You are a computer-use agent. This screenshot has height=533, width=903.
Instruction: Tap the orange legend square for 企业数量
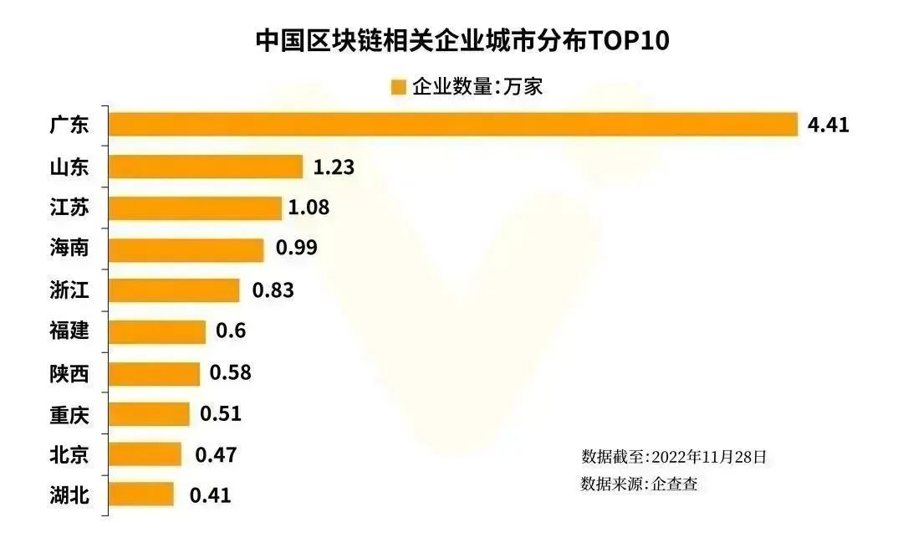(x=398, y=87)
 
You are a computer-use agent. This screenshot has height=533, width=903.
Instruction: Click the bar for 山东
(x=206, y=167)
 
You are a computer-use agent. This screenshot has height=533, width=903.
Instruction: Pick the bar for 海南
(x=186, y=249)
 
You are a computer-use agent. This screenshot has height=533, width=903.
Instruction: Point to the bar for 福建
(x=157, y=331)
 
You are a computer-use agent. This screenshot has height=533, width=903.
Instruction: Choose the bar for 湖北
(x=141, y=495)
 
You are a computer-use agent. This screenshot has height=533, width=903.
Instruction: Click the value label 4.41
(x=828, y=126)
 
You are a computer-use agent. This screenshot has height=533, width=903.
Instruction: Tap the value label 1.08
(x=309, y=208)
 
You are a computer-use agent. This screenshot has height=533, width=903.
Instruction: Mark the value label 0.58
(x=231, y=372)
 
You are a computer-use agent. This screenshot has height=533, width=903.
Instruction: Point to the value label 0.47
(x=216, y=454)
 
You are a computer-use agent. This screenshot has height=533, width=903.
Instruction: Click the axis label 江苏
(x=69, y=208)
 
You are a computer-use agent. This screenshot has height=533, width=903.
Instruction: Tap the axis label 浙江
(x=69, y=290)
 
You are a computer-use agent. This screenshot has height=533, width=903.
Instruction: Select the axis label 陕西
(x=69, y=372)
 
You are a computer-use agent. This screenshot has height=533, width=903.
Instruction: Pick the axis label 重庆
(x=69, y=413)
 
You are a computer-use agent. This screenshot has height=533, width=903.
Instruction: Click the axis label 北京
(x=69, y=454)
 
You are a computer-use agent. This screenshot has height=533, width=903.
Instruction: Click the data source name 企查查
(x=675, y=484)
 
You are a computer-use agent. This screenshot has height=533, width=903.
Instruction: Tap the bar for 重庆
(x=150, y=413)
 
